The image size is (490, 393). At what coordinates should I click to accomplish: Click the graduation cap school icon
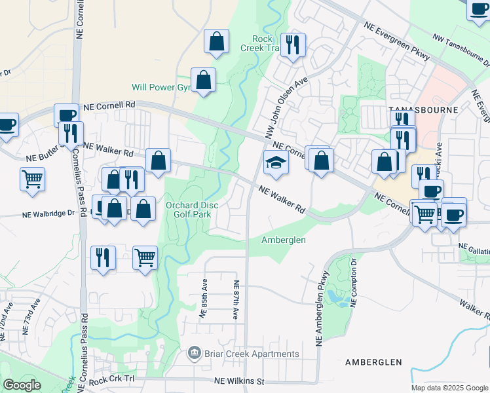[x=276, y=163]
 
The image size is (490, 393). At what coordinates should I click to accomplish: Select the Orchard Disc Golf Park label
[x=192, y=210]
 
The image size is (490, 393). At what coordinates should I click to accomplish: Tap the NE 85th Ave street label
[x=204, y=300]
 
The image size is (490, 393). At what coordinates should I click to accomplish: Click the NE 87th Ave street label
[x=235, y=299]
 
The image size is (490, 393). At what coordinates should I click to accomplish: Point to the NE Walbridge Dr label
[x=50, y=214]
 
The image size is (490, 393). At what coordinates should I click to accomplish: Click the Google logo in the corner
[x=22, y=385]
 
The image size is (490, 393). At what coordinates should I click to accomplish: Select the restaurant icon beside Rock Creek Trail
[x=293, y=45]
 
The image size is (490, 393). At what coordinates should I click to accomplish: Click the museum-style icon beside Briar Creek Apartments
[x=195, y=354]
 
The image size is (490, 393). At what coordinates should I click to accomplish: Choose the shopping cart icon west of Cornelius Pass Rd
[x=32, y=178]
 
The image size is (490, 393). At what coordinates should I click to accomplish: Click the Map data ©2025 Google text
[x=449, y=388]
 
